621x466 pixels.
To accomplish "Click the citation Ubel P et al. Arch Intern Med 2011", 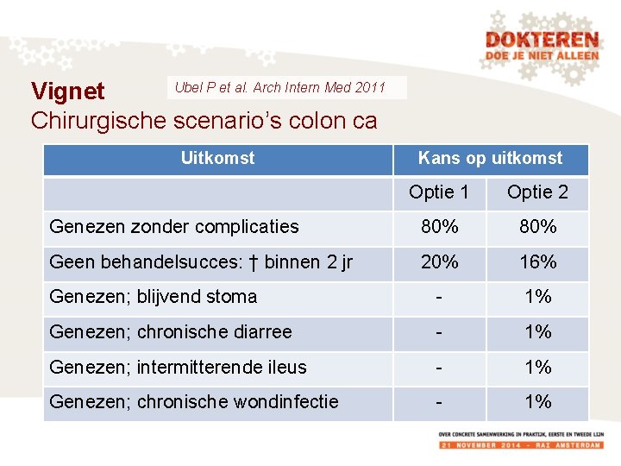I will [279, 87].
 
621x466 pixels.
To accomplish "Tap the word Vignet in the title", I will [67, 91].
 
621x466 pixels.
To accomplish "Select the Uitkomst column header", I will [217, 158].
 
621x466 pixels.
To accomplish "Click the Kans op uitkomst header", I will [490, 158].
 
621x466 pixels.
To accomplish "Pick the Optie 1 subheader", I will [439, 192].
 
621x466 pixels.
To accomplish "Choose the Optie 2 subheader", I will [537, 192].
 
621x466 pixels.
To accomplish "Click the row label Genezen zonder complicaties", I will [174, 227].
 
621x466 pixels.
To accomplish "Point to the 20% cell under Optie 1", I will [439, 262].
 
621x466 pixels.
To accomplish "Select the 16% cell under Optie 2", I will [537, 262].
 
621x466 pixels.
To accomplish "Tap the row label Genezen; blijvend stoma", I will [154, 297].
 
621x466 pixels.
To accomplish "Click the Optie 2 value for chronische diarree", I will [537, 332].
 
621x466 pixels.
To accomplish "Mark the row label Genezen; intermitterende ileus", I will [178, 368].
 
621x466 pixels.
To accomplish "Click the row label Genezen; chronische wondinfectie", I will [194, 401].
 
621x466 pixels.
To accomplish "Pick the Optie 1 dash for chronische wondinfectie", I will [439, 402].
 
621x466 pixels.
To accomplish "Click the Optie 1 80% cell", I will [439, 227].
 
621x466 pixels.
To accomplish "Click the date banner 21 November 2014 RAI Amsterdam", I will [520, 444].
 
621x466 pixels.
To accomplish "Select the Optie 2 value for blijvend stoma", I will [537, 297].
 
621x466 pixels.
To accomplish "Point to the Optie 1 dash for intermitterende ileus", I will [439, 368].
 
